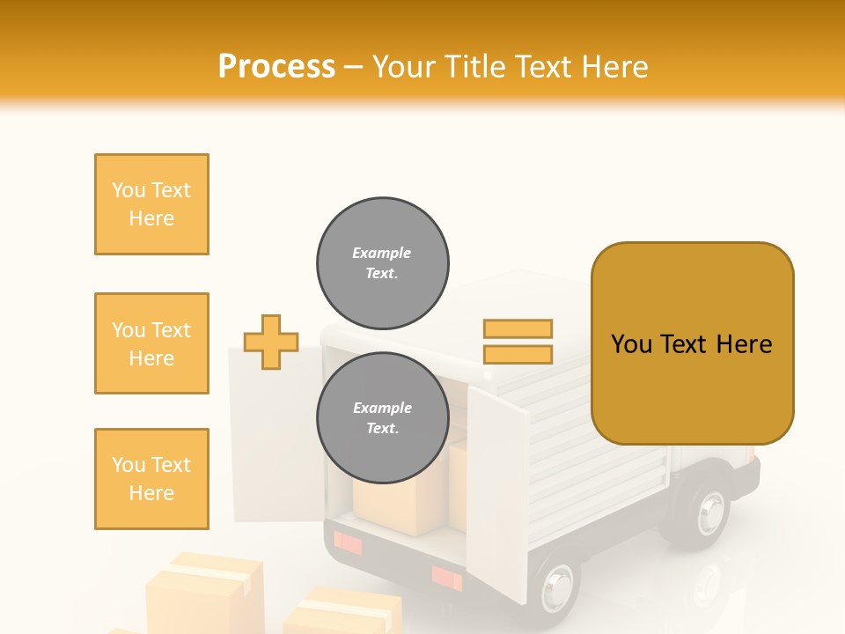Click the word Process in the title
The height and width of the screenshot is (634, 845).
click(x=276, y=67)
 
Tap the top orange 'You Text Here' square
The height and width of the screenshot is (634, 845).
click(x=151, y=204)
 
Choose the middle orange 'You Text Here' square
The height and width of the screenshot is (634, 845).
click(x=151, y=343)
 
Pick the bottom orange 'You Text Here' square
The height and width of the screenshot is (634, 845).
click(x=151, y=478)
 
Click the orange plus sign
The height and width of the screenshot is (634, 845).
click(x=271, y=342)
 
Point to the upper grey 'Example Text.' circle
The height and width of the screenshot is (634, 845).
click(x=383, y=263)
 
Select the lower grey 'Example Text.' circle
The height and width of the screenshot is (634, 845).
click(x=383, y=418)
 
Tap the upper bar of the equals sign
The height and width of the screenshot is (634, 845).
click(x=518, y=328)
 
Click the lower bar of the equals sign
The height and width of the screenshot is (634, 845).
click(x=518, y=354)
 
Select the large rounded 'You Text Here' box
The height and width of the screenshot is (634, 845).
click(x=692, y=343)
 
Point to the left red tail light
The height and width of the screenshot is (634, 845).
click(x=348, y=543)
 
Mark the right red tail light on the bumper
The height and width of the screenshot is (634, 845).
click(x=446, y=578)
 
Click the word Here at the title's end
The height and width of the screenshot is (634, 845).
click(x=616, y=67)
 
